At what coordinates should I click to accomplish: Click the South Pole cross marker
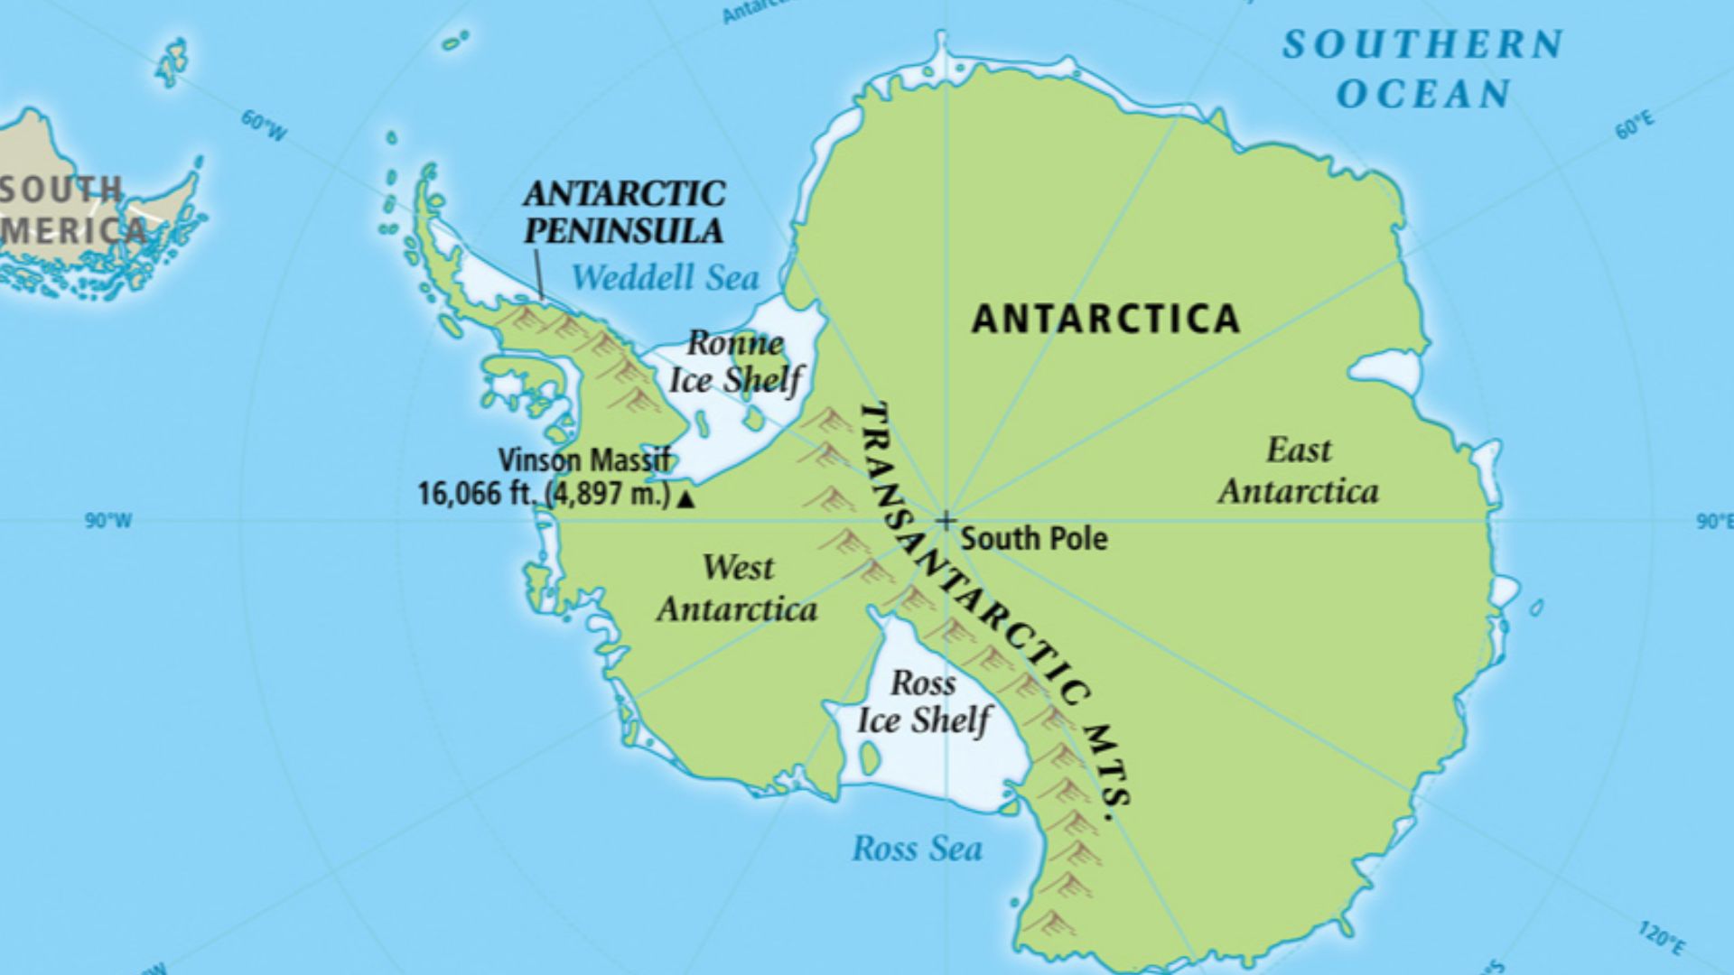pos(946,521)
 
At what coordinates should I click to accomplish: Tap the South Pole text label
pos(1033,539)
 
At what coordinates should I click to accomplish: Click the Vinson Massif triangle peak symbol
pos(686,498)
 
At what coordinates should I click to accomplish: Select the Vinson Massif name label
pos(584,460)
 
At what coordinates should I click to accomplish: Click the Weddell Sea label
pos(665,277)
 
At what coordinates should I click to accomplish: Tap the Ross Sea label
pos(917,849)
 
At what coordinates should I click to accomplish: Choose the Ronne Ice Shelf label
pos(734,361)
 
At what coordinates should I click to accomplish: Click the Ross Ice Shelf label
pos(923,701)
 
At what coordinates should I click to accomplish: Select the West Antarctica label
pos(737,588)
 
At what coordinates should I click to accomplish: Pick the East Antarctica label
pos(1298,470)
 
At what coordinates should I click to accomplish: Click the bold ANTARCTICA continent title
pos(1105,319)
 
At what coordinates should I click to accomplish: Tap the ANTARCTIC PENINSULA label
pos(624,212)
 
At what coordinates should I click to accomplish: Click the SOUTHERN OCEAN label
pos(1423,69)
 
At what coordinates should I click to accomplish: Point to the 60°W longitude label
pos(264,126)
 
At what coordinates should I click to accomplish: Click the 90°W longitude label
pos(108,521)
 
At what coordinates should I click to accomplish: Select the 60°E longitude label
pos(1635,126)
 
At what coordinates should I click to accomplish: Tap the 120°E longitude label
pos(1660,939)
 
